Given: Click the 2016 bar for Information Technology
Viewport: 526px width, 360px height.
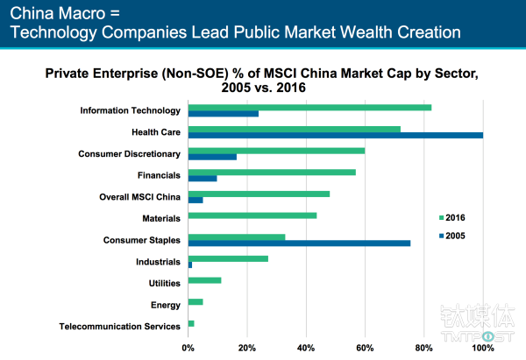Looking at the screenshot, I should coord(309,108).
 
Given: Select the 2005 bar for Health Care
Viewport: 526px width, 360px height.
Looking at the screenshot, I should coord(335,135).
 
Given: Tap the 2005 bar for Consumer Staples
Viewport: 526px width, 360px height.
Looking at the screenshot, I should coord(299,243).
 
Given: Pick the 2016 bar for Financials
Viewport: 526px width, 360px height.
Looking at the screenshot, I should coord(272,172).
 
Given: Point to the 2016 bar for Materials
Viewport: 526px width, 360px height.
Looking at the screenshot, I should coord(252,215).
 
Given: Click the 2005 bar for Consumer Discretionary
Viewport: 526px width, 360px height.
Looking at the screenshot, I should coord(212,157).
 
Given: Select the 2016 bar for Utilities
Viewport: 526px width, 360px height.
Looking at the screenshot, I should coord(204,280).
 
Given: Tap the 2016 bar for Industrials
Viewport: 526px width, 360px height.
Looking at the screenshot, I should coord(228,258).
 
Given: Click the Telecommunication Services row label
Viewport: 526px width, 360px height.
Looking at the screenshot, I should coord(120,327).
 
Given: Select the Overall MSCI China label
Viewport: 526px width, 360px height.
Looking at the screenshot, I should coord(139,196).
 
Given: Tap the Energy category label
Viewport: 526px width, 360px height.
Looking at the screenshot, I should coord(166,305).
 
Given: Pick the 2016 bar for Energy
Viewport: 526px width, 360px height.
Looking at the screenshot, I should coord(195,301).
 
